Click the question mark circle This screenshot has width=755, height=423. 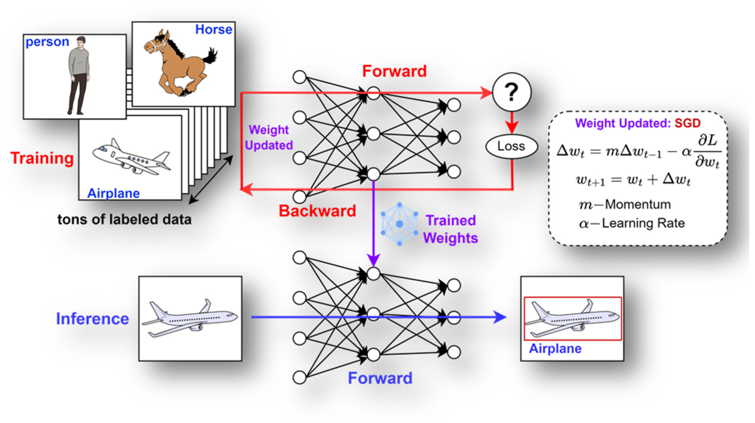tap(511, 92)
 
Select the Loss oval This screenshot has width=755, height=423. tap(511, 146)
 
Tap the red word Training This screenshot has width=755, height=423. tap(42, 158)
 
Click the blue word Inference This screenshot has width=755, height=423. tap(92, 319)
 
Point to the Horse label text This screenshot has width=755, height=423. tap(214, 30)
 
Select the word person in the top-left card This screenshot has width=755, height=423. tap(47, 42)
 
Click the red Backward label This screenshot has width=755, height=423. tap(317, 211)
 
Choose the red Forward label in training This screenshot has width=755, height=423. tap(394, 71)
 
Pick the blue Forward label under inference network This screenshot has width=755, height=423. tap(380, 378)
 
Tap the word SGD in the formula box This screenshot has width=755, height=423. tap(687, 123)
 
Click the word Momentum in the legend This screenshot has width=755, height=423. tap(638, 204)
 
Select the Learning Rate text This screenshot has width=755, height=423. tap(643, 223)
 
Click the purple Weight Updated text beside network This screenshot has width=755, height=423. tap(268, 138)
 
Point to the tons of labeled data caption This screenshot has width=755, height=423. tap(124, 219)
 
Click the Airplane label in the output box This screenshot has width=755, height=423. tap(555, 349)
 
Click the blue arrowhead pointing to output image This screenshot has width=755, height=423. tap(499, 317)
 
